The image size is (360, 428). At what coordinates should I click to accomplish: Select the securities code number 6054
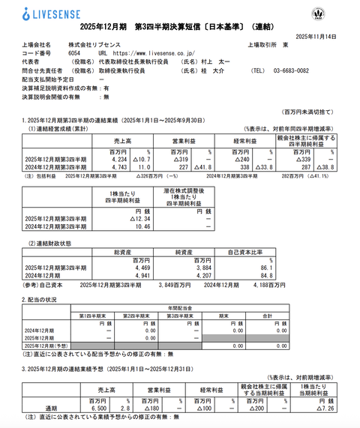[x=73, y=54]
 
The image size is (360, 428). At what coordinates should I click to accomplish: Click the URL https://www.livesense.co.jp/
[x=153, y=54]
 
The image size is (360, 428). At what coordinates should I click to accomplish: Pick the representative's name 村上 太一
[x=213, y=63]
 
